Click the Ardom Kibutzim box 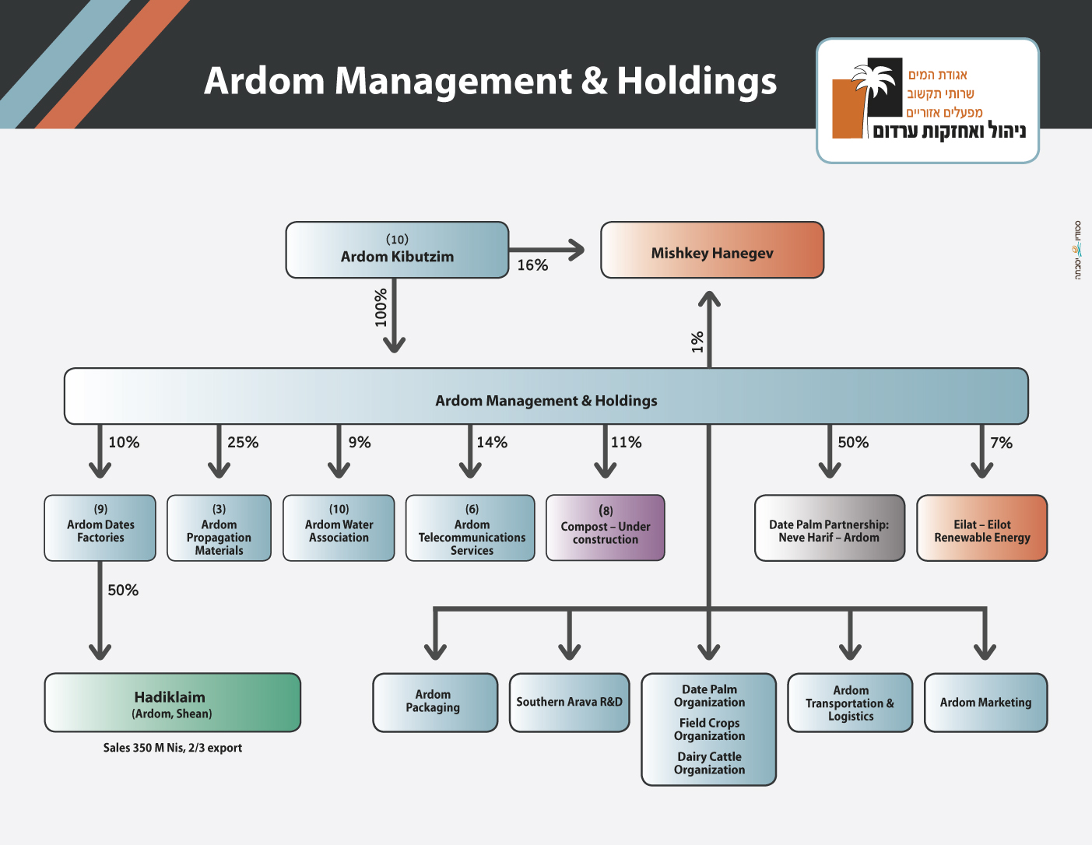pyautogui.click(x=397, y=250)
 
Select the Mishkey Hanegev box pyautogui.click(x=711, y=250)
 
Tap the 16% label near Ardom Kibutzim pyautogui.click(x=532, y=265)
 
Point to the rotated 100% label pyautogui.click(x=381, y=307)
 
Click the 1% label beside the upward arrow pyautogui.click(x=697, y=342)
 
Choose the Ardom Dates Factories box pyautogui.click(x=100, y=528)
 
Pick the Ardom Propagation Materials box pyautogui.click(x=219, y=528)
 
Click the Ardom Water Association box pyautogui.click(x=339, y=528)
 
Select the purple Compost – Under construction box pyautogui.click(x=606, y=528)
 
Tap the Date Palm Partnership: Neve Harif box pyautogui.click(x=829, y=528)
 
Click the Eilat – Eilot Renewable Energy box pyautogui.click(x=981, y=528)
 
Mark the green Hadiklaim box pyautogui.click(x=172, y=703)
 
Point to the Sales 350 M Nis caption pyautogui.click(x=173, y=748)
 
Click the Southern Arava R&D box pyautogui.click(x=569, y=703)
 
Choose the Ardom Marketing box pyautogui.click(x=985, y=703)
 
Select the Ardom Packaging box pyautogui.click(x=434, y=703)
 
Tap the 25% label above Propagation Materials pyautogui.click(x=243, y=443)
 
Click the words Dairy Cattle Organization pyautogui.click(x=709, y=763)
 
